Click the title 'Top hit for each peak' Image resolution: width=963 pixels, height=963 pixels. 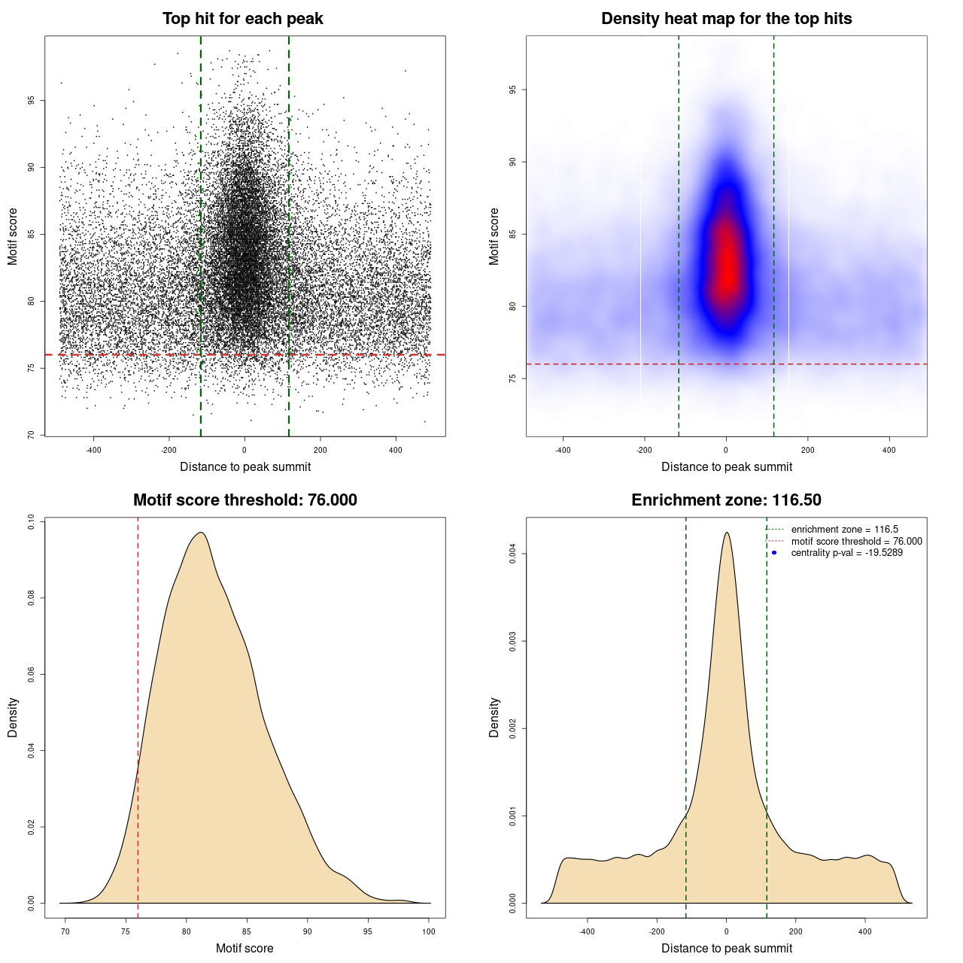242,19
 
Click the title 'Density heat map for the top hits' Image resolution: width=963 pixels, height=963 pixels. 726,19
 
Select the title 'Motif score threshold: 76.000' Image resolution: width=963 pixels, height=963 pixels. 245,500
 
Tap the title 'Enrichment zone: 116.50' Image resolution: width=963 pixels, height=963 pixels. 726,500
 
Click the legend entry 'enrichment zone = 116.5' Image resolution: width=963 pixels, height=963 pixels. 844,530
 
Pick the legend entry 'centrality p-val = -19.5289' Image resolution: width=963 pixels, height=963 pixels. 846,553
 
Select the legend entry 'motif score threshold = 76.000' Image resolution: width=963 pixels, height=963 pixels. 856,542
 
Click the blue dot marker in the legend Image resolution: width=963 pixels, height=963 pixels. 774,553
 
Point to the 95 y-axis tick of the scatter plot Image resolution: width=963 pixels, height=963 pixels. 32,100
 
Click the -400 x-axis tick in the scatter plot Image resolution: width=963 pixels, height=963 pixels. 93,450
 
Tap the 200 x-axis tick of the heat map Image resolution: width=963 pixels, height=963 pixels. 807,450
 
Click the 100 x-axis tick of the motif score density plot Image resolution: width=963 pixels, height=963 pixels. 429,931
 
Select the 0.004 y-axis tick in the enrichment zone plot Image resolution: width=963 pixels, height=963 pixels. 513,554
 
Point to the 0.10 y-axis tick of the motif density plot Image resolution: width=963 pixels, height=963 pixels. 32,522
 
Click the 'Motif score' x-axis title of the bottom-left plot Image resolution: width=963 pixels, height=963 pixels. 245,948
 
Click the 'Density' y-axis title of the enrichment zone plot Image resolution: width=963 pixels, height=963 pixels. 494,717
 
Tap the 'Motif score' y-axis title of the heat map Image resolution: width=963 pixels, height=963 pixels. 494,236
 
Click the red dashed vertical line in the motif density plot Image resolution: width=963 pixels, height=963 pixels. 138,715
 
